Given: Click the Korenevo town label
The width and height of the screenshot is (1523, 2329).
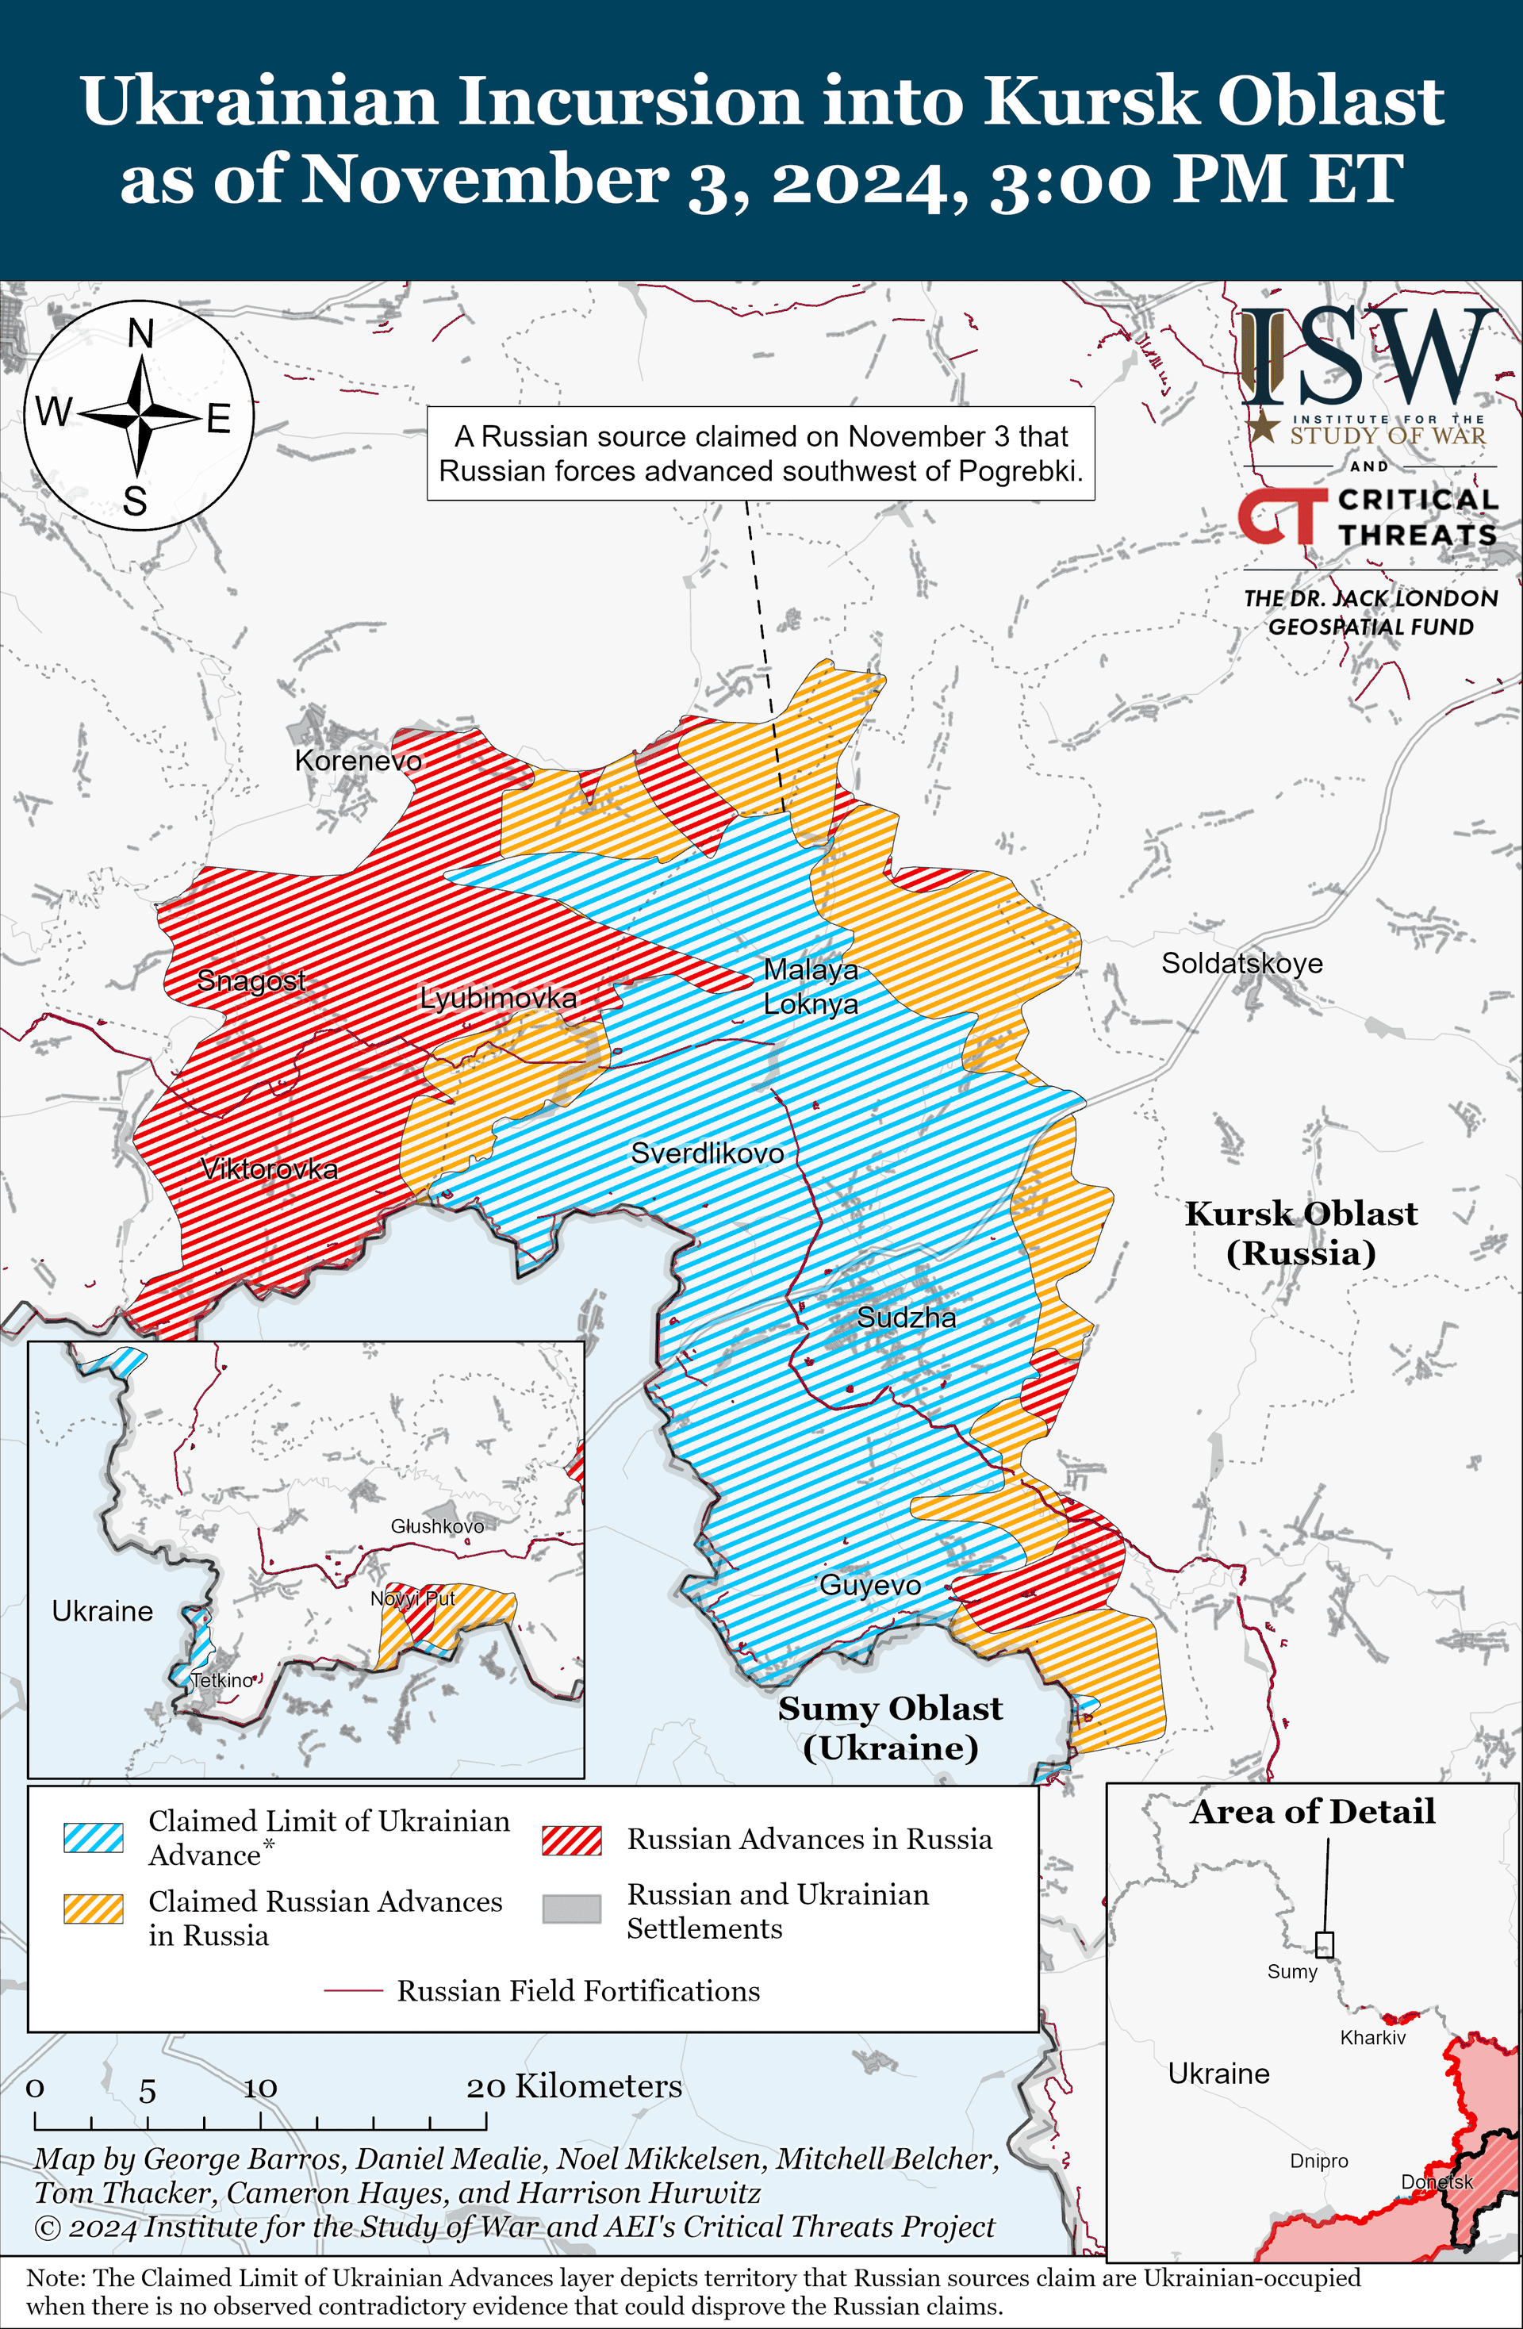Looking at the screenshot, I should tap(359, 761).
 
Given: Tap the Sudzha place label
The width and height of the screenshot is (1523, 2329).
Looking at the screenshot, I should tap(907, 1317).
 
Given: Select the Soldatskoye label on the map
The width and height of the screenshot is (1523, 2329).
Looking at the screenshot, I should tap(1242, 963).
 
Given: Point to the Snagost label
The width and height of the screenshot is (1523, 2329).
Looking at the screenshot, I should tap(251, 980).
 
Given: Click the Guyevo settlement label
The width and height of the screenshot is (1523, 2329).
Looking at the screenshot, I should tap(870, 1584).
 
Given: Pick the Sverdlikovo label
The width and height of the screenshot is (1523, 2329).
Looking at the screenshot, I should tap(707, 1153).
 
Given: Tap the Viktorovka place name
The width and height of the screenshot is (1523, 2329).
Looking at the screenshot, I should tap(269, 1168).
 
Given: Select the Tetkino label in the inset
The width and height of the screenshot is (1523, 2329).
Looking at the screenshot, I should tap(222, 1680).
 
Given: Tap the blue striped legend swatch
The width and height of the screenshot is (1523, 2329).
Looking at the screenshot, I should tap(94, 1836).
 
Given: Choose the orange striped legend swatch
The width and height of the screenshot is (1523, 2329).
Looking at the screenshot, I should tap(94, 1909).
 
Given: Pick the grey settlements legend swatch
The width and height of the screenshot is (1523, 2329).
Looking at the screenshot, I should tap(572, 1909).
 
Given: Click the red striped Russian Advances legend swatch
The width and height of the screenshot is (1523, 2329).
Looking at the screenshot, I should tap(572, 1840).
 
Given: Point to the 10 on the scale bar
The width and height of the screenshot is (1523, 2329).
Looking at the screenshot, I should tap(260, 2089).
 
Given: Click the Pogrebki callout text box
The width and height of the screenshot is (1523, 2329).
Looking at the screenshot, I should tap(761, 453).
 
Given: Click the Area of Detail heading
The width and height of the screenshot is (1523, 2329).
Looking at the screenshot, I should tap(1313, 1811).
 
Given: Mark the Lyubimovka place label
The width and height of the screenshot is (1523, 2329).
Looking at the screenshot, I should tap(498, 998).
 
